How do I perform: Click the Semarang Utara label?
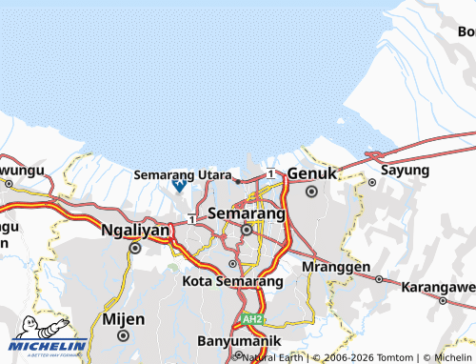click(x=182, y=175)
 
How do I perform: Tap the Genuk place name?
click(x=312, y=174)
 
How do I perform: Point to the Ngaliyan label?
click(x=135, y=230)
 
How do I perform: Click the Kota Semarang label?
click(x=233, y=283)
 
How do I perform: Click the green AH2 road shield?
click(x=250, y=319)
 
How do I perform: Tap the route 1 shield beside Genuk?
click(x=271, y=172)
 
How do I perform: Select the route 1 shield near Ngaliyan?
click(x=191, y=219)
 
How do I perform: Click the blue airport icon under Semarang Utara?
click(x=178, y=188)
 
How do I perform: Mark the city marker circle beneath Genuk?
click(x=312, y=192)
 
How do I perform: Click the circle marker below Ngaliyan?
click(x=135, y=248)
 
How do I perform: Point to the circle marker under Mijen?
click(x=123, y=335)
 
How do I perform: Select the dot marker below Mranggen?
click(x=379, y=279)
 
